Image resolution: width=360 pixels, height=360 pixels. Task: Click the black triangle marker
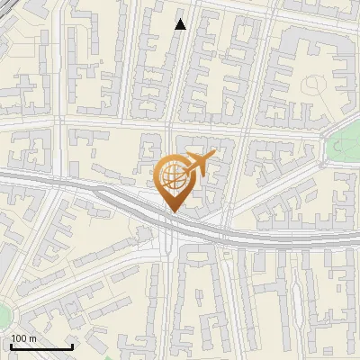[x=180, y=24]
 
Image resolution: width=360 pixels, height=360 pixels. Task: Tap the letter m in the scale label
[x=32, y=338]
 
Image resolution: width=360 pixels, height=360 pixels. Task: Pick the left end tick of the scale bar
[x=11, y=346]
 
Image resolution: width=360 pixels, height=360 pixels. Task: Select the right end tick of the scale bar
[x=73, y=346]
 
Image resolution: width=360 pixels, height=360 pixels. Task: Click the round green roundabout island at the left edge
[x=3, y=316]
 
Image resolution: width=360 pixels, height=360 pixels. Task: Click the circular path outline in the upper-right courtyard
[x=314, y=86]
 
